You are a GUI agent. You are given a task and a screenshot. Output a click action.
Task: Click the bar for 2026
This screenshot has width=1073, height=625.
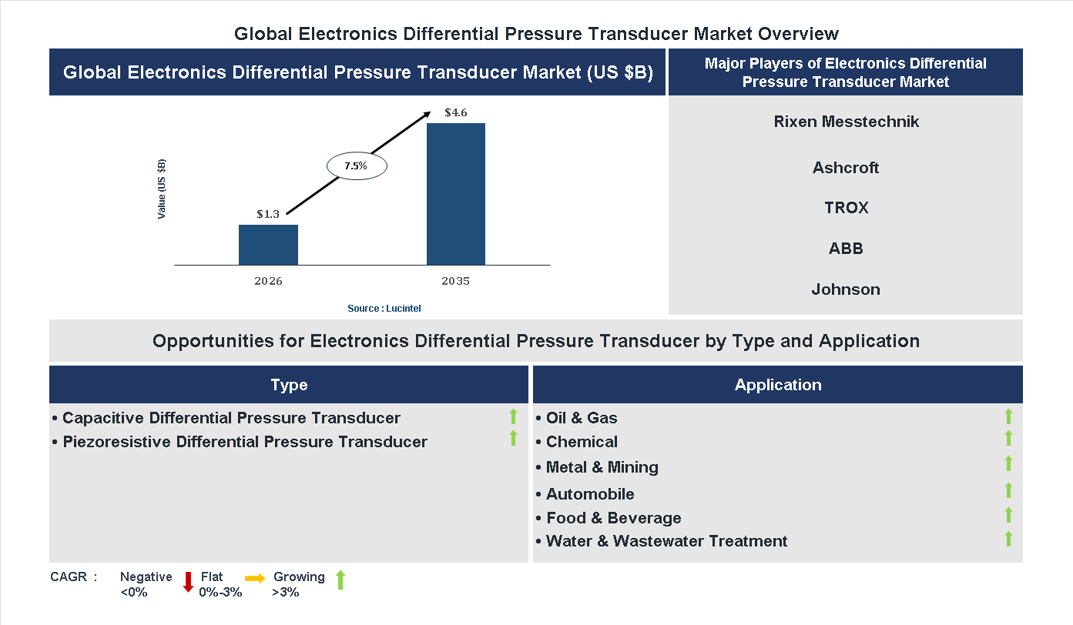pyautogui.click(x=268, y=245)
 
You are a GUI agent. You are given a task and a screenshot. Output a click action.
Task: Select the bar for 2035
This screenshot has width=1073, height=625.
pyautogui.click(x=456, y=194)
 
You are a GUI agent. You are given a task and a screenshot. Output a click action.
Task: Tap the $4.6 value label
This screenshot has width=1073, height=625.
pyautogui.click(x=456, y=113)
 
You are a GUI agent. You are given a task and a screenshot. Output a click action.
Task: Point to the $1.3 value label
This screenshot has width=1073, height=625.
pyautogui.click(x=268, y=214)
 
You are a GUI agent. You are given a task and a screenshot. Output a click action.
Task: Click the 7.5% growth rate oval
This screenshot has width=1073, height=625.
pyautogui.click(x=357, y=165)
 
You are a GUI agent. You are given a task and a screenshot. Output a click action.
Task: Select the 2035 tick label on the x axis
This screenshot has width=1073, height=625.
pyautogui.click(x=456, y=281)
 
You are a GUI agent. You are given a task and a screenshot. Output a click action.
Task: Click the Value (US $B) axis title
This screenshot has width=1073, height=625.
pyautogui.click(x=162, y=189)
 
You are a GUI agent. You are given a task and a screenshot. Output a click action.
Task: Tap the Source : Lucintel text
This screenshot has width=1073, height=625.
pyautogui.click(x=384, y=309)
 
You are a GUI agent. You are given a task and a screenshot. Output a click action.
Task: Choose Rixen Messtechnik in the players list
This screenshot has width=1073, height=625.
pyautogui.click(x=847, y=122)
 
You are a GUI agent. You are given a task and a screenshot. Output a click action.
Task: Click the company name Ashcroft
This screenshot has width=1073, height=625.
pyautogui.click(x=846, y=168)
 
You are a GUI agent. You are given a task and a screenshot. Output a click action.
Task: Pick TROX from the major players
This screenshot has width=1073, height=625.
pyautogui.click(x=846, y=208)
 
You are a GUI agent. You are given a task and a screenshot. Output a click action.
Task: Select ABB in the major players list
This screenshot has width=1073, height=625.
pyautogui.click(x=846, y=249)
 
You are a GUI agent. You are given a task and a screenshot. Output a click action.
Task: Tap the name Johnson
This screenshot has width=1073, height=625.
pyautogui.click(x=846, y=289)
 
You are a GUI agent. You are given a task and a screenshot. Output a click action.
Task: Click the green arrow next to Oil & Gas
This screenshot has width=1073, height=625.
pyautogui.click(x=1008, y=416)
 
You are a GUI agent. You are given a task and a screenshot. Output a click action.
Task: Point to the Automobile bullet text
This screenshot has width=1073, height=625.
pyautogui.click(x=590, y=494)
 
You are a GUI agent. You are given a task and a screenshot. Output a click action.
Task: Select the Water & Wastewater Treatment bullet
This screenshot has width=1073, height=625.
pyautogui.click(x=666, y=541)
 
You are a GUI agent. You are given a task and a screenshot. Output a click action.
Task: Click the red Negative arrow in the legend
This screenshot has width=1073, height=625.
pyautogui.click(x=187, y=582)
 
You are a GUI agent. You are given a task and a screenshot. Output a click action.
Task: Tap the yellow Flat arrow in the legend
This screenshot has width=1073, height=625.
pyautogui.click(x=255, y=578)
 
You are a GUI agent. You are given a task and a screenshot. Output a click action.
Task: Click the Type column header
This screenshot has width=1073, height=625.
pyautogui.click(x=289, y=385)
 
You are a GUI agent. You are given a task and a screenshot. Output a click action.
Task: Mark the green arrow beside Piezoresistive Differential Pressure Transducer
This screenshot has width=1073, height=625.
pyautogui.click(x=513, y=438)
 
